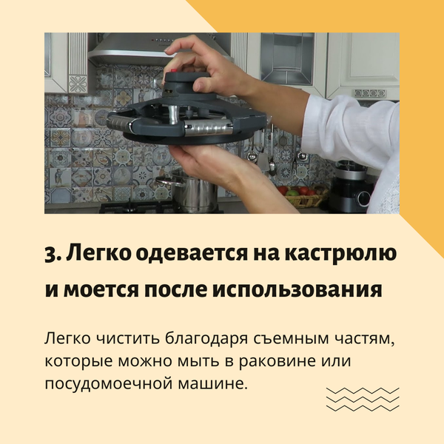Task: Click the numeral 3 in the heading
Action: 50,254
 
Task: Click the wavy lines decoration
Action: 363,399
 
